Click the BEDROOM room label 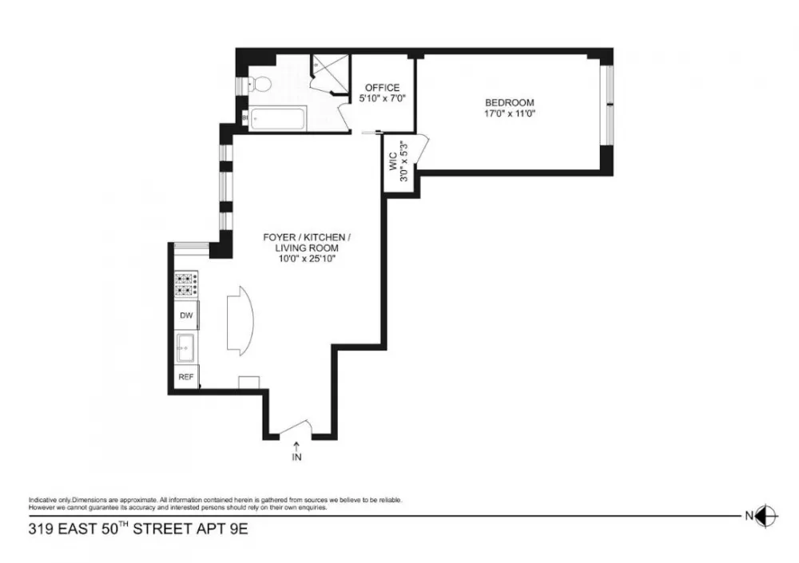pos(509,102)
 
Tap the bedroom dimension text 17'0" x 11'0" pos(509,113)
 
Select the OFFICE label pos(382,88)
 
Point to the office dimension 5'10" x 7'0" pos(382,98)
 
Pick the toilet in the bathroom pos(259,84)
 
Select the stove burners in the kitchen pos(186,285)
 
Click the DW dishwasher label pos(186,315)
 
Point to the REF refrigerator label pos(186,377)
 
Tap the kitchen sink pos(186,348)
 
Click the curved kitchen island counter pos(240,320)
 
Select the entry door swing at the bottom pos(296,428)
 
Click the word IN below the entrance pos(296,457)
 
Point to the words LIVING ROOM pos(307,248)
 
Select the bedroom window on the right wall pos(606,105)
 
